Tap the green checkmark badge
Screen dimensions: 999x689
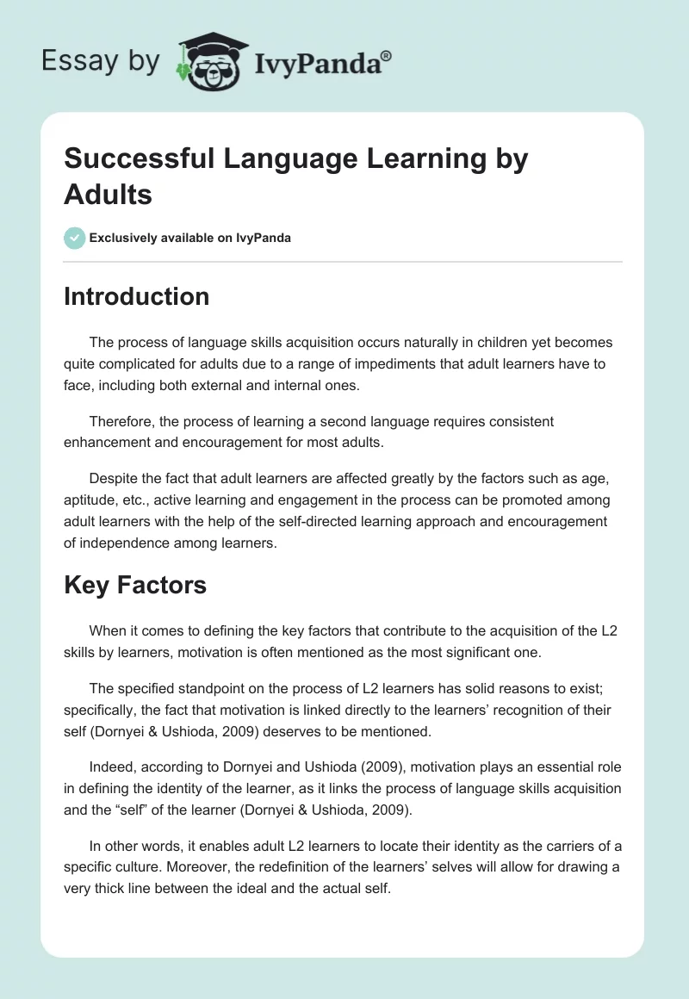(x=75, y=238)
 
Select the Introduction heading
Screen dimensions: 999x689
(x=136, y=297)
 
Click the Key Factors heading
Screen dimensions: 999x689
(x=135, y=586)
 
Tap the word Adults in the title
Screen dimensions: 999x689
(x=108, y=195)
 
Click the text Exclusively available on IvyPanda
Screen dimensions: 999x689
(x=189, y=239)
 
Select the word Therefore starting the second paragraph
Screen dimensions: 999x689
(x=124, y=421)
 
